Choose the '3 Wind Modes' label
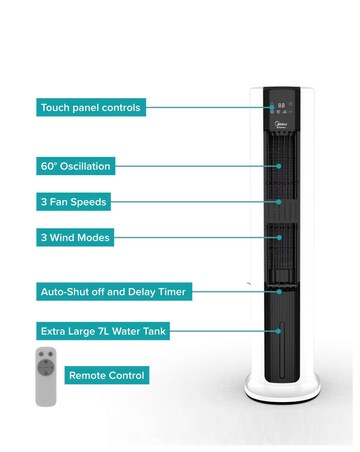[74, 237]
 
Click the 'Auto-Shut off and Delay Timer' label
[113, 292]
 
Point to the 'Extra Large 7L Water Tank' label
[105, 328]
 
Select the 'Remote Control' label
[107, 375]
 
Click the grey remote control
[46, 376]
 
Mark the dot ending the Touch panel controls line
[270, 106]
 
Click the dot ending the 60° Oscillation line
[279, 165]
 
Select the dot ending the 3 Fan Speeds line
[279, 201]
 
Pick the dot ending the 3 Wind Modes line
[279, 237]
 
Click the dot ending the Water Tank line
[279, 328]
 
